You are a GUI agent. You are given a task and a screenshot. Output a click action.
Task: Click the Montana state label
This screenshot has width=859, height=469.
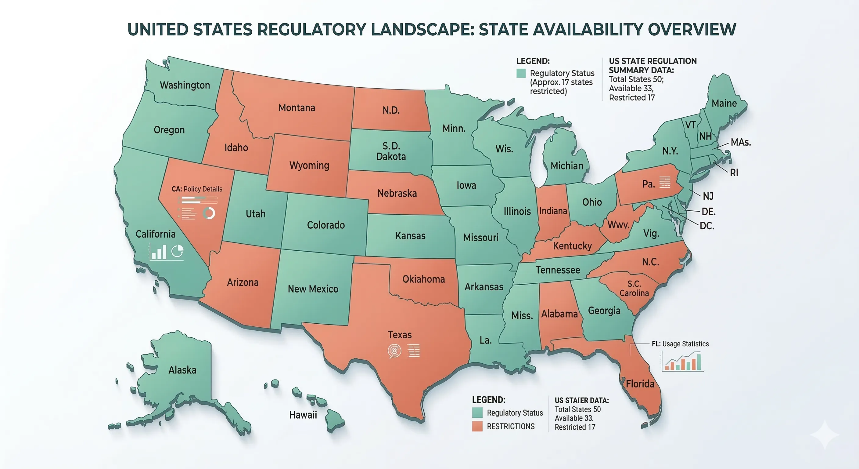click(297, 108)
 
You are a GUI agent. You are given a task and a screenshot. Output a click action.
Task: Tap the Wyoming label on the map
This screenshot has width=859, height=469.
click(309, 165)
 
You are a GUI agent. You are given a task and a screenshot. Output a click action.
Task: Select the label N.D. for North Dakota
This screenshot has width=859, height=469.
click(391, 111)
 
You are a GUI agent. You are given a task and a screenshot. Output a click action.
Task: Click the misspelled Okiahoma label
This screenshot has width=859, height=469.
click(423, 279)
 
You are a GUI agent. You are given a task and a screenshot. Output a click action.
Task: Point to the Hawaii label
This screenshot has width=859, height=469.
click(303, 415)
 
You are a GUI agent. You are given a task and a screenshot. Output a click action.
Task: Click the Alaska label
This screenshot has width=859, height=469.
click(182, 370)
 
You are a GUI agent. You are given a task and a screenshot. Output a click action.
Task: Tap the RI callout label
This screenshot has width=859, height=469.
click(734, 173)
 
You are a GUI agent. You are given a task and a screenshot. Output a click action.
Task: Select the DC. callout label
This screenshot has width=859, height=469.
click(706, 226)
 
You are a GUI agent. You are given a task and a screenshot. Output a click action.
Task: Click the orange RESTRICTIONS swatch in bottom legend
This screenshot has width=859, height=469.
click(477, 426)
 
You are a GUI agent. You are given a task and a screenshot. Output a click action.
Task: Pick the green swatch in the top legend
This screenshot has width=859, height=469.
click(521, 73)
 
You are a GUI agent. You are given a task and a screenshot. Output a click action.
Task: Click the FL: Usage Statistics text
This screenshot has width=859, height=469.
click(680, 344)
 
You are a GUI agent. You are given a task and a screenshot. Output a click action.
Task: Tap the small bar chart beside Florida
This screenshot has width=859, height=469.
click(682, 362)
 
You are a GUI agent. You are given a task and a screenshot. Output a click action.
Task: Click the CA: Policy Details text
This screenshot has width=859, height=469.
click(197, 189)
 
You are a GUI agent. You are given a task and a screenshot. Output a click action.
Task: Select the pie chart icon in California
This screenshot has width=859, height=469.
click(177, 251)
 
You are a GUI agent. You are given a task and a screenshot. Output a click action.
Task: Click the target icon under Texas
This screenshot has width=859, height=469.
click(394, 351)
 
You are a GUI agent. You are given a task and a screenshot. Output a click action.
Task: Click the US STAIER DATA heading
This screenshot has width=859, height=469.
click(581, 400)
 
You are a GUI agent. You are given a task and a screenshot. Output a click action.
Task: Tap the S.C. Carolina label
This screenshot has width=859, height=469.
click(634, 289)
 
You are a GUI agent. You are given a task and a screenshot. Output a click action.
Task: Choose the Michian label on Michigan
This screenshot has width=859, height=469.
click(566, 165)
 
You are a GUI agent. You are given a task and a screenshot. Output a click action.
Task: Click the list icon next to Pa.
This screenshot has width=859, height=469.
click(665, 182)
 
